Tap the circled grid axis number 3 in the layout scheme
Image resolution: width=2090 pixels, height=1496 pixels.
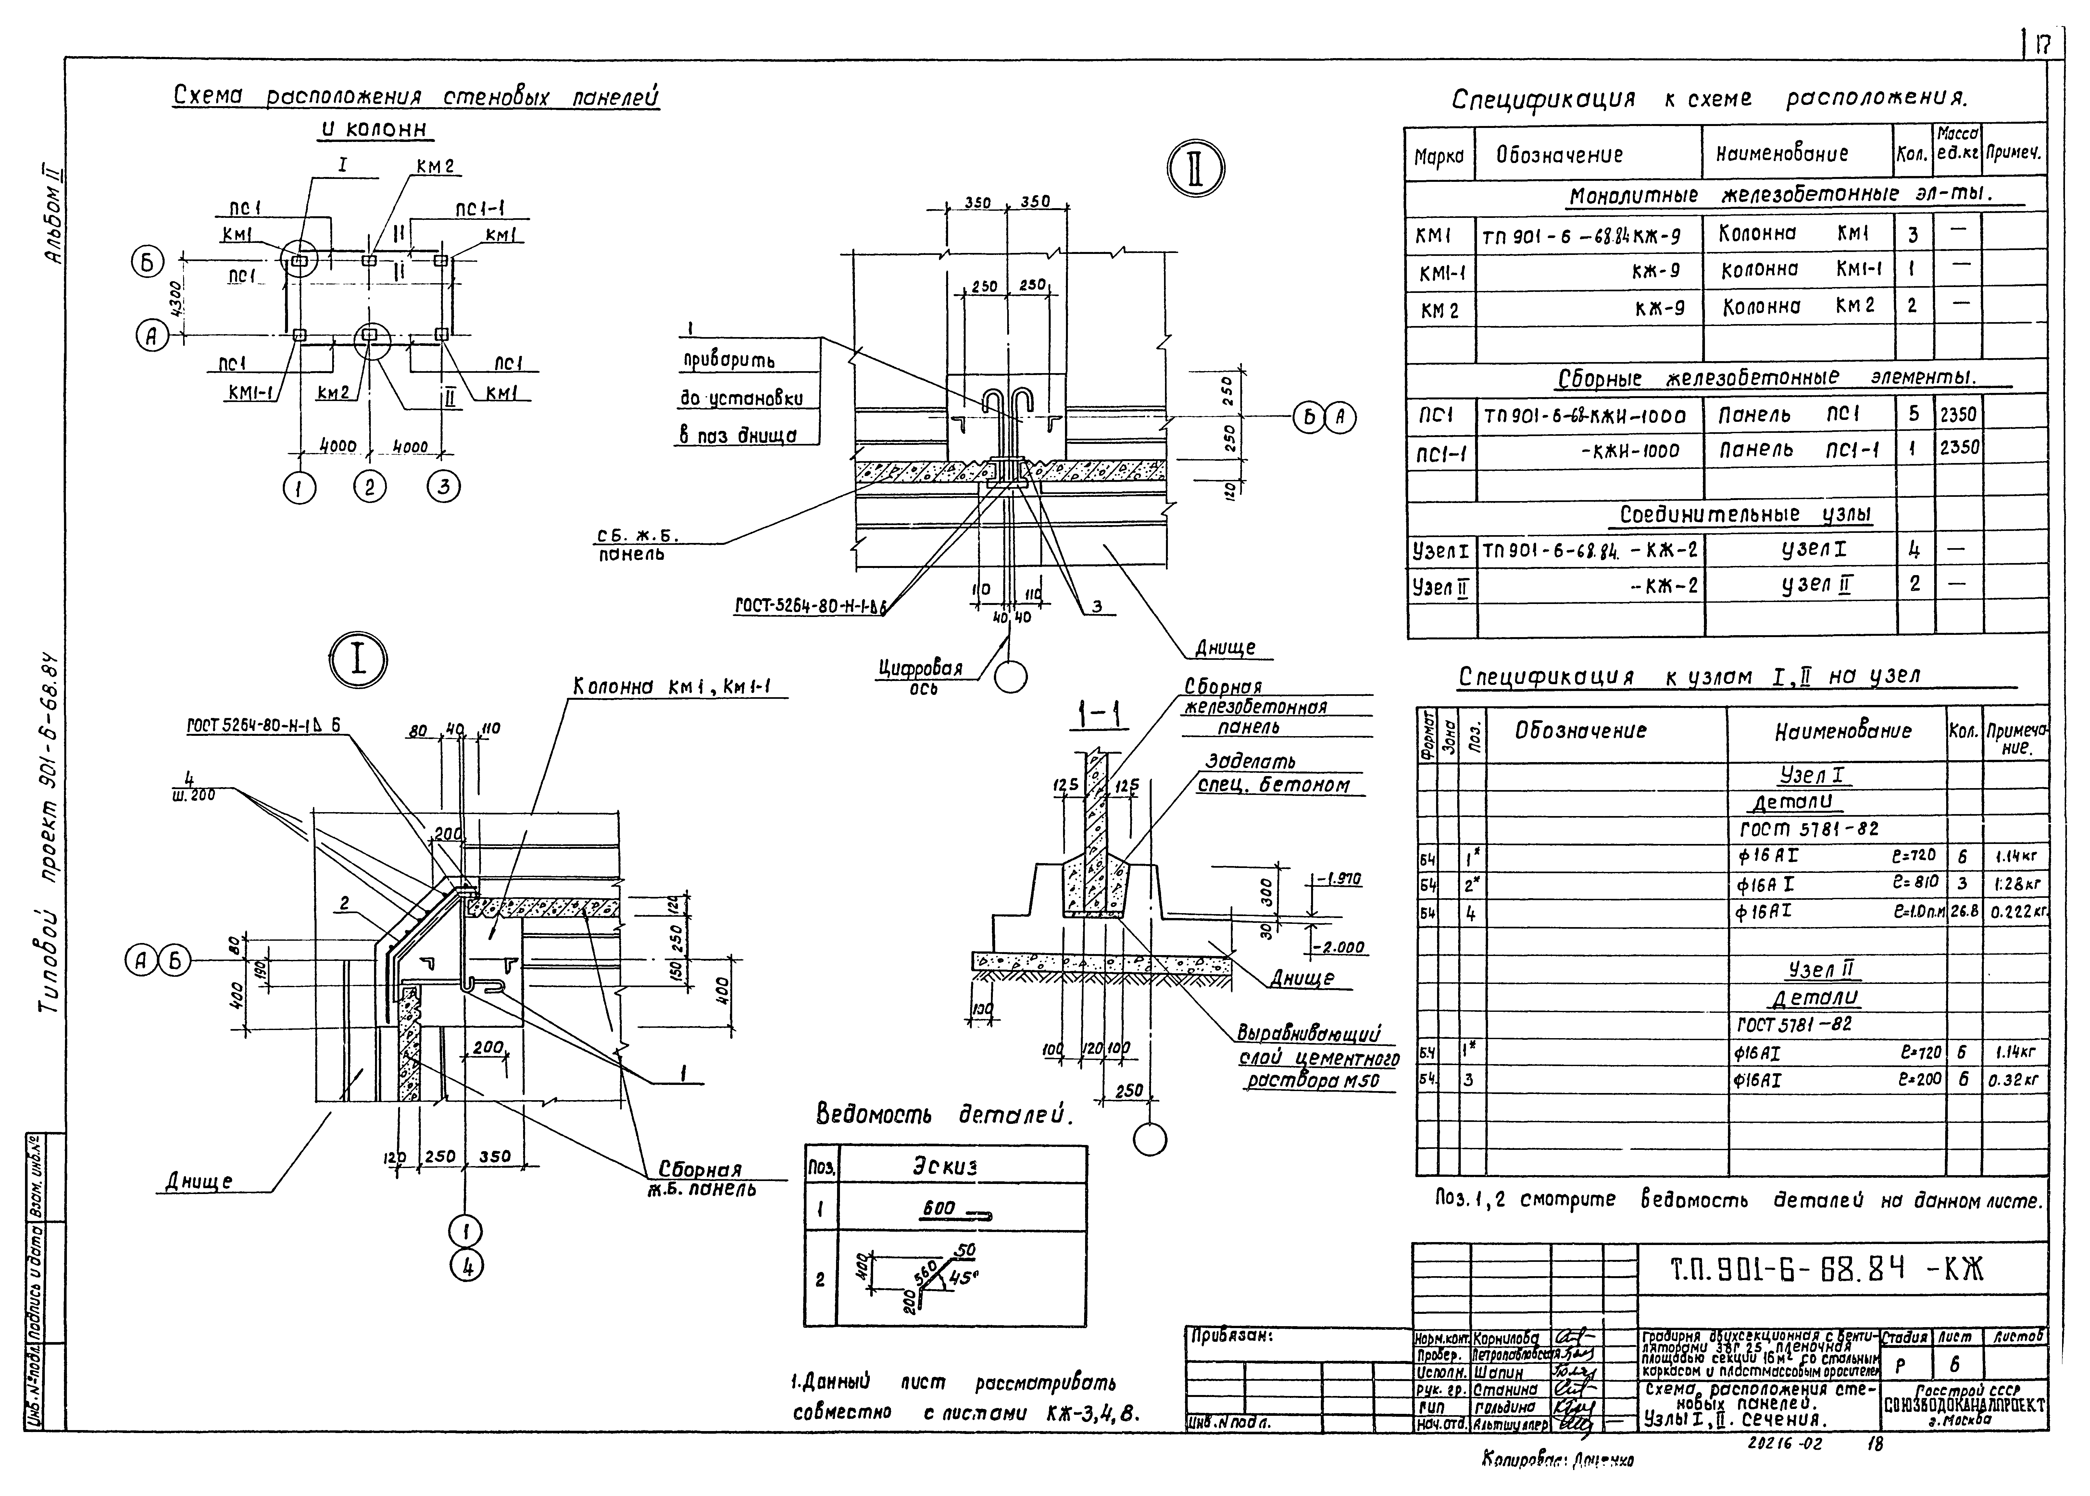tap(443, 486)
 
